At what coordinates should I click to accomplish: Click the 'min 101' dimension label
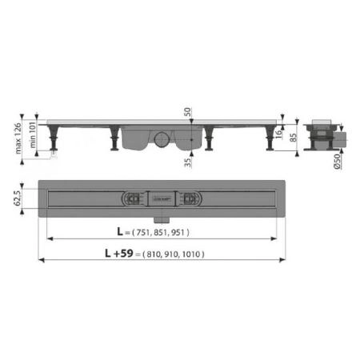click(34, 135)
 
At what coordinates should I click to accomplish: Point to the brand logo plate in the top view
click(157, 199)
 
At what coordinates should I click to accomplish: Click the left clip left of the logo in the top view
click(130, 199)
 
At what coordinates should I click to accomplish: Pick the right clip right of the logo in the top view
click(191, 199)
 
